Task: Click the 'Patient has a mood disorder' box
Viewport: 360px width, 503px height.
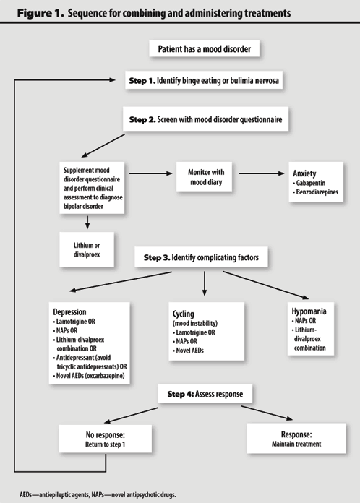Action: [x=205, y=48]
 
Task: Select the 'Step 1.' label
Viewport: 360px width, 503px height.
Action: [x=142, y=80]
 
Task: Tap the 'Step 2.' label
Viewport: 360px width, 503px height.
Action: [x=142, y=119]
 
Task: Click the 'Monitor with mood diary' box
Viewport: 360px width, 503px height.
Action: [x=204, y=177]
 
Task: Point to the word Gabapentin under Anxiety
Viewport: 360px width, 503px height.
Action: [x=311, y=183]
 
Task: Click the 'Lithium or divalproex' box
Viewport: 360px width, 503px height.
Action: [x=87, y=249]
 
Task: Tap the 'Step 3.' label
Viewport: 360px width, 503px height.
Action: [x=157, y=257]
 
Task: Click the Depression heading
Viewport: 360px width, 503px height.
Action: [x=69, y=311]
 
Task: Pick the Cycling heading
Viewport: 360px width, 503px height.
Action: [x=183, y=314]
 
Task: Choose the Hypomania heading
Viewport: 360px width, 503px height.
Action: [x=309, y=311]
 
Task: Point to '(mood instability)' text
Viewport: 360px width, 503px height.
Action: [x=195, y=323]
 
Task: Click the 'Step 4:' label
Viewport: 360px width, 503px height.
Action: [x=181, y=394]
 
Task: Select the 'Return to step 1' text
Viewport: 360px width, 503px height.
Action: [x=106, y=444]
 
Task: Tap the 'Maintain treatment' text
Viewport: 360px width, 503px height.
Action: [x=296, y=444]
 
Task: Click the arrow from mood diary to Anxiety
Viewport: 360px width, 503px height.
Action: [x=262, y=173]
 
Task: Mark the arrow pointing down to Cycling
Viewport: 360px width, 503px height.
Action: [x=205, y=283]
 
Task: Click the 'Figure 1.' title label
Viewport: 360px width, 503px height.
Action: [x=40, y=13]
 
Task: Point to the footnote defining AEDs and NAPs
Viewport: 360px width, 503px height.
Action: [x=98, y=494]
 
